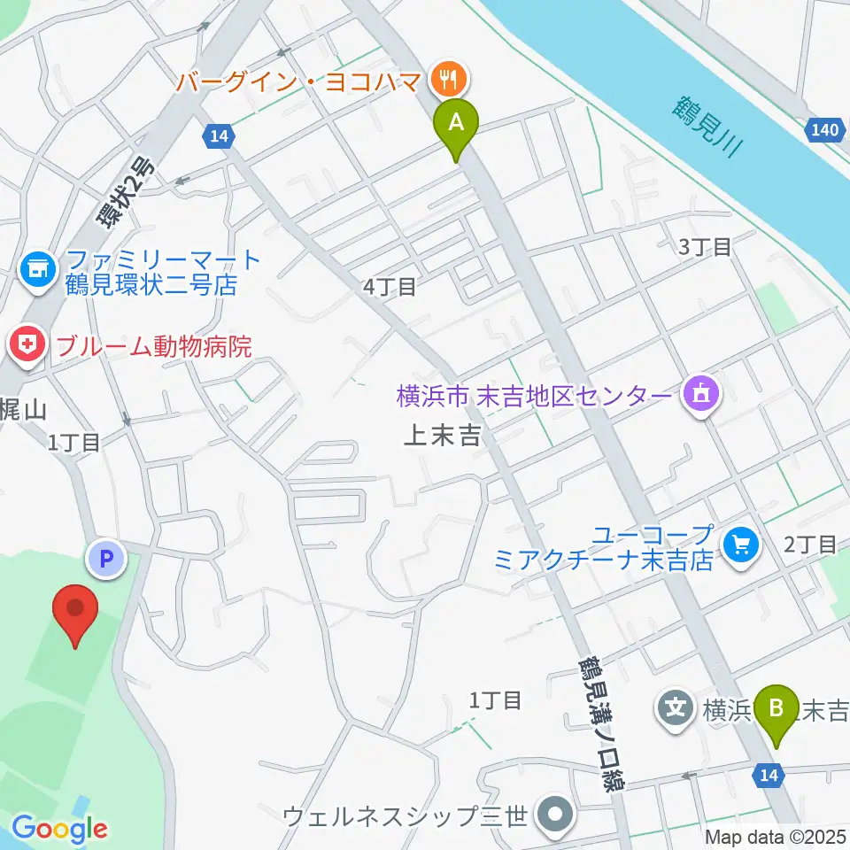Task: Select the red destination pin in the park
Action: pyautogui.click(x=75, y=612)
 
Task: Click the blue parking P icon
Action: pyautogui.click(x=106, y=559)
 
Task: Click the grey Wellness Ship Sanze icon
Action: pyautogui.click(x=557, y=815)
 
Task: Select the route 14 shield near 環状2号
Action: pyautogui.click(x=218, y=136)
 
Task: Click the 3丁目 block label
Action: pyautogui.click(x=704, y=247)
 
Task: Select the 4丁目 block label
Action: pyautogui.click(x=389, y=285)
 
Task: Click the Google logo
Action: pyautogui.click(x=59, y=829)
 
